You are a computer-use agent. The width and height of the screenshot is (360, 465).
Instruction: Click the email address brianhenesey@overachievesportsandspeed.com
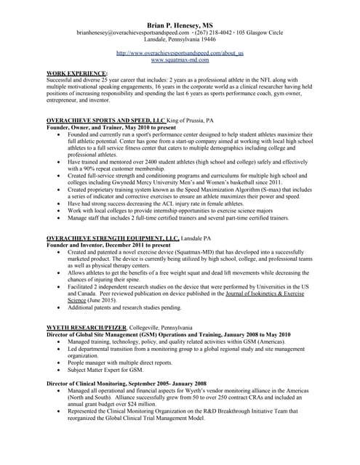tap(135, 33)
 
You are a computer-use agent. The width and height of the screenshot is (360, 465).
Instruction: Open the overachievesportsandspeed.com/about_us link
tap(180, 53)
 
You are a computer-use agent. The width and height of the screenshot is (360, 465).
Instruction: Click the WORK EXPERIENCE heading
tap(76, 74)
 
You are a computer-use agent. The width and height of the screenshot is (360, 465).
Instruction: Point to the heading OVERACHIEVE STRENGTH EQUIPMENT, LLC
tap(112, 238)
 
